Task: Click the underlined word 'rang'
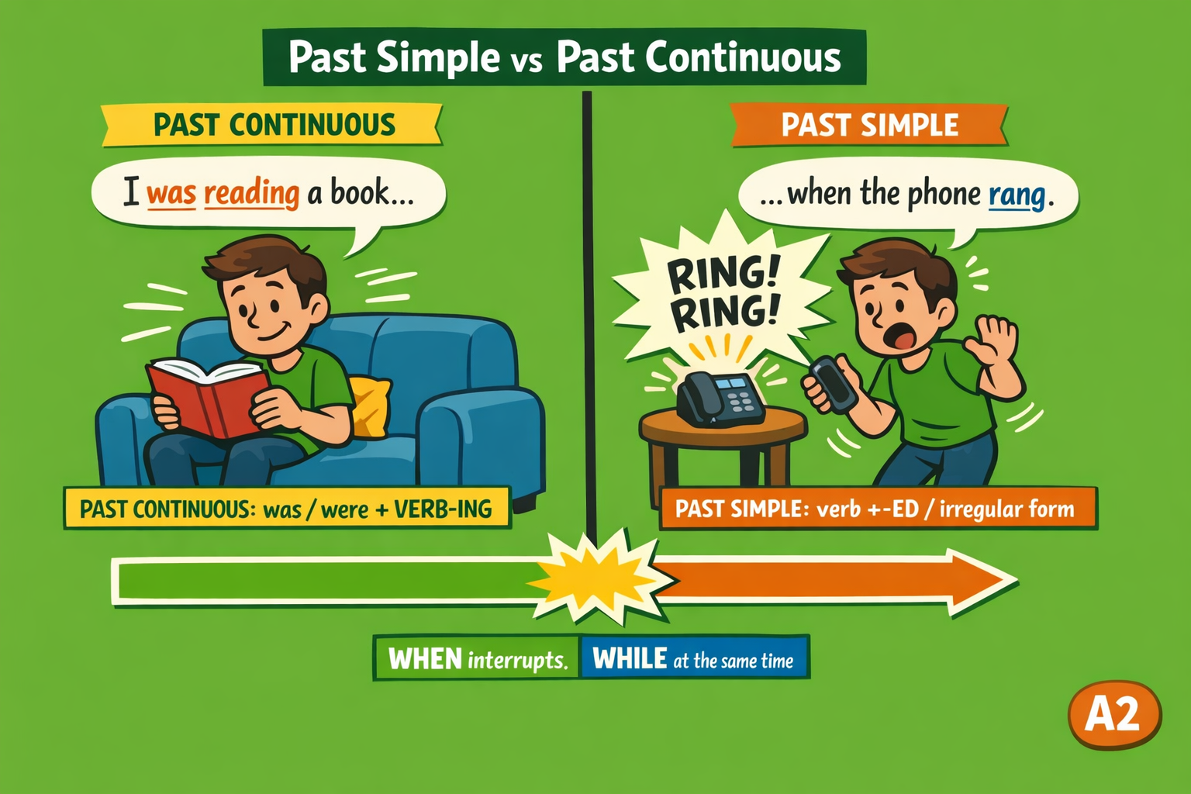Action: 1017,195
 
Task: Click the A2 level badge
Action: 1113,714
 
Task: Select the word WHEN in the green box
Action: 425,659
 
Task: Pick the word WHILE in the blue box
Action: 630,659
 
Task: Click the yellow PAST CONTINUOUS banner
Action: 273,125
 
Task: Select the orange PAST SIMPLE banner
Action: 869,125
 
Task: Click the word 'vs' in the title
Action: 526,61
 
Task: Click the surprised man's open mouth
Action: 903,336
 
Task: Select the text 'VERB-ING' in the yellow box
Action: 442,509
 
